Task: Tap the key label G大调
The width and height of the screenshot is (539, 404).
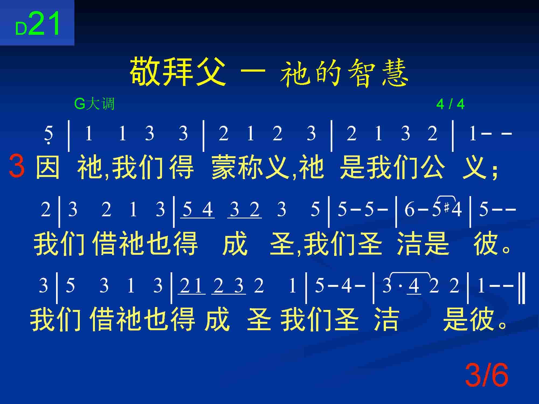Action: [x=94, y=104]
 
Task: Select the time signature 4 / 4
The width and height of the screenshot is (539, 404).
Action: [x=450, y=104]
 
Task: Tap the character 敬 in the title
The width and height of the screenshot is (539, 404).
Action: [x=143, y=71]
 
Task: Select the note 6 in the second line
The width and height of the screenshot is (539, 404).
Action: [x=409, y=210]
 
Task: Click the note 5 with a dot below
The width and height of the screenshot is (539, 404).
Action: [x=49, y=135]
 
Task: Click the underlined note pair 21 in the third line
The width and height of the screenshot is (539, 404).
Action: [x=191, y=286]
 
